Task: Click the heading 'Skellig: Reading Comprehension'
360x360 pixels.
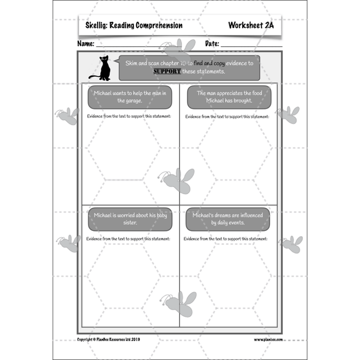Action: (x=134, y=25)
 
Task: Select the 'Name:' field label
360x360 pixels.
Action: (x=86, y=44)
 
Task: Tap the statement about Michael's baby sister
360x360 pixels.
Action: (x=129, y=219)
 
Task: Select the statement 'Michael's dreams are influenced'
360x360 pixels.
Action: (x=227, y=219)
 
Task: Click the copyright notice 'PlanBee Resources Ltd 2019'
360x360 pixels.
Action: (x=108, y=340)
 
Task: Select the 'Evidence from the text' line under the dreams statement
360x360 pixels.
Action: (x=226, y=239)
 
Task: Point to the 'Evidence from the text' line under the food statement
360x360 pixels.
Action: (x=227, y=117)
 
